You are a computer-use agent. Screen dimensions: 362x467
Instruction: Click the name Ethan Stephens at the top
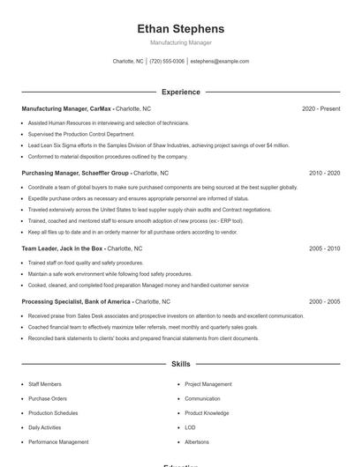(x=181, y=29)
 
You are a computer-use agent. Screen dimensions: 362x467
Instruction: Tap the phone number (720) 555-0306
(x=167, y=62)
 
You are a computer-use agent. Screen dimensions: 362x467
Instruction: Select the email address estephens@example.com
(x=220, y=62)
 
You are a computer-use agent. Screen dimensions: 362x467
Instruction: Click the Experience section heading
(x=181, y=92)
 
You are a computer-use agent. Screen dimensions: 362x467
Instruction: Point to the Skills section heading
(x=181, y=363)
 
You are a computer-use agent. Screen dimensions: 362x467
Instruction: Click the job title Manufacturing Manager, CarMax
(x=67, y=108)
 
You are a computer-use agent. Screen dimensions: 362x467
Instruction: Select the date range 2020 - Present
(x=321, y=108)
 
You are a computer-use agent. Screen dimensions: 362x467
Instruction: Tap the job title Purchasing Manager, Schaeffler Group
(x=76, y=173)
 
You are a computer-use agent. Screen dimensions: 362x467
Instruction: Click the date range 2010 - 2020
(x=324, y=173)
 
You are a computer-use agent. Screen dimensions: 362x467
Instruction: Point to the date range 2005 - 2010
(x=324, y=248)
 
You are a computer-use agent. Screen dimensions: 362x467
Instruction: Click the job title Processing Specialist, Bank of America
(x=77, y=301)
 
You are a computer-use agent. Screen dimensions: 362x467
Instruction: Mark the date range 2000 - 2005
(x=324, y=301)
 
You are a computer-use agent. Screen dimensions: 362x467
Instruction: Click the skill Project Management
(x=208, y=384)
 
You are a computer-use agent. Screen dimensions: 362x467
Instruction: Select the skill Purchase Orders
(x=48, y=398)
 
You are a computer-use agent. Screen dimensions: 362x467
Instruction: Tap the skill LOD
(x=191, y=427)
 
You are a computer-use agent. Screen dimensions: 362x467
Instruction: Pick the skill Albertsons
(x=197, y=441)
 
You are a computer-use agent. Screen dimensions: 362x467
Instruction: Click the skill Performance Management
(x=58, y=441)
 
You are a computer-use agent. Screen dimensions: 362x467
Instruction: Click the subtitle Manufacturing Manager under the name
(x=181, y=42)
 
